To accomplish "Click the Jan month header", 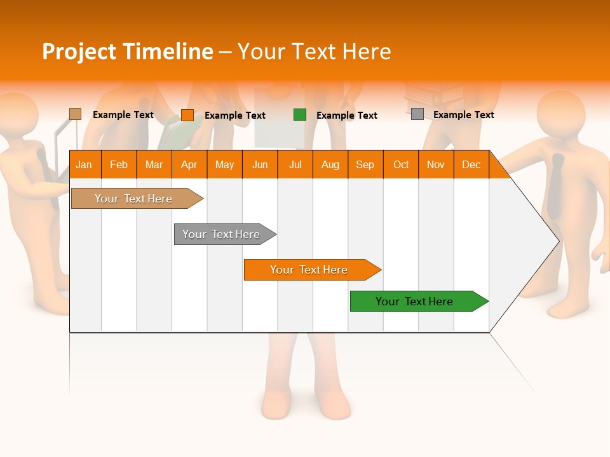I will pyautogui.click(x=84, y=164).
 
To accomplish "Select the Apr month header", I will pyautogui.click(x=189, y=164).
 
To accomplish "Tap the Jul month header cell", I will pyautogui.click(x=295, y=164).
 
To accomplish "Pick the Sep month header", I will pyautogui.click(x=365, y=164).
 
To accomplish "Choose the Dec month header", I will pyautogui.click(x=471, y=164).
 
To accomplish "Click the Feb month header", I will pyautogui.click(x=119, y=164).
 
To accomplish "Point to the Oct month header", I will pyautogui.click(x=401, y=164).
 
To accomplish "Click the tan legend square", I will pyautogui.click(x=76, y=114).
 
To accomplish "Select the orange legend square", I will pyautogui.click(x=187, y=115).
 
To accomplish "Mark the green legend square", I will pyautogui.click(x=300, y=115).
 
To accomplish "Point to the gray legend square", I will pyautogui.click(x=417, y=114).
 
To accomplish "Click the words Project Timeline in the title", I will pyautogui.click(x=128, y=51).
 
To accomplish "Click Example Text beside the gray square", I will pyautogui.click(x=463, y=115).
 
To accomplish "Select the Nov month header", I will pyautogui.click(x=436, y=164).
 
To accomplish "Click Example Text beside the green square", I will pyautogui.click(x=346, y=116).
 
